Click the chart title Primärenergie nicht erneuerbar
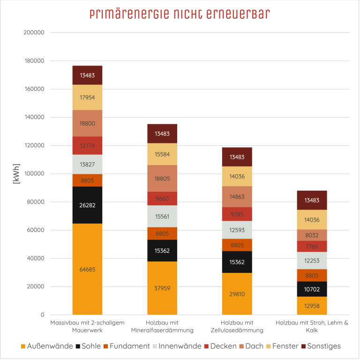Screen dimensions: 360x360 pyautogui.click(x=180, y=14)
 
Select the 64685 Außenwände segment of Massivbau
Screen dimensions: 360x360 pyautogui.click(x=87, y=269)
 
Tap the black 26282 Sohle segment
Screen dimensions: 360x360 pyautogui.click(x=87, y=205)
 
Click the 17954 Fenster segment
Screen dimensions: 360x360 pyautogui.click(x=87, y=97)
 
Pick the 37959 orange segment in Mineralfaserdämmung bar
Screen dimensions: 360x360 pyautogui.click(x=162, y=288)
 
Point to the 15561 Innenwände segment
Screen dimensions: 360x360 pyautogui.click(x=162, y=216)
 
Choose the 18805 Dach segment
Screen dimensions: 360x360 pyautogui.click(x=162, y=178)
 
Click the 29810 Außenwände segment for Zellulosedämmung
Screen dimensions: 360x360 pyautogui.click(x=237, y=294)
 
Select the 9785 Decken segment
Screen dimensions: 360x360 pyautogui.click(x=237, y=214)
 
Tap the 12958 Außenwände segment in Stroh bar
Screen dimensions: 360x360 pyautogui.click(x=312, y=306)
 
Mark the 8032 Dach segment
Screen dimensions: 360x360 pyautogui.click(x=312, y=235)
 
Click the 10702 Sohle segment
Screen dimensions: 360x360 pyautogui.click(x=312, y=289)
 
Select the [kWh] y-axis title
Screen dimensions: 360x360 pyautogui.click(x=17, y=174)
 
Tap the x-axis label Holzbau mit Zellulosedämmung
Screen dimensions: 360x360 pyautogui.click(x=237, y=327)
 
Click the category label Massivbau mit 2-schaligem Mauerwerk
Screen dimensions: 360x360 pyautogui.click(x=87, y=327)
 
